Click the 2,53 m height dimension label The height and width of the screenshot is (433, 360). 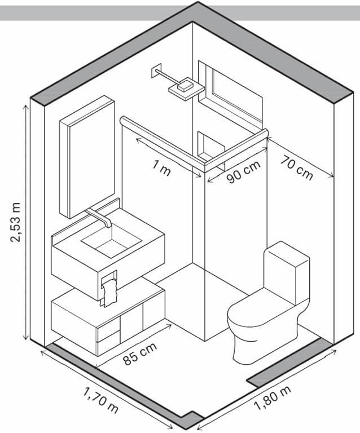(15, 222)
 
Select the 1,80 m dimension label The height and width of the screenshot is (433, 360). (272, 398)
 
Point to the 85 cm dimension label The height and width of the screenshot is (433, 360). (140, 354)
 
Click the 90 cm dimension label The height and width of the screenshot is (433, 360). (244, 172)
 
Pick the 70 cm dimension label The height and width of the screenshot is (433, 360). (297, 168)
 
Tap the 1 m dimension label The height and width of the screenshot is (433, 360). (161, 169)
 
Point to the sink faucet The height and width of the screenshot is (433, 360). (99, 217)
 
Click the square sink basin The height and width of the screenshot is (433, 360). (111, 242)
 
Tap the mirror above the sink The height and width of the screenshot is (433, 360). (87, 157)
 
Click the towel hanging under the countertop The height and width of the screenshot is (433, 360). (109, 293)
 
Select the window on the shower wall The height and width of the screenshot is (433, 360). (230, 94)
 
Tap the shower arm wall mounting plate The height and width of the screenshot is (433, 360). (156, 71)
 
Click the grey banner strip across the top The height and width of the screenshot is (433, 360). (180, 13)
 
